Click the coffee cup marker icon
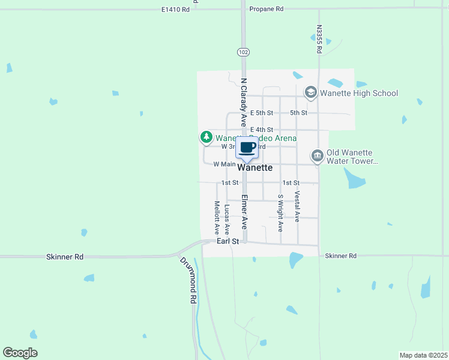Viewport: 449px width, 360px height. [247, 148]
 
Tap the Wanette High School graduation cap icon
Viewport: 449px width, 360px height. [310, 92]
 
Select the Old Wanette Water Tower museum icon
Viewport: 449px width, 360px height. [317, 157]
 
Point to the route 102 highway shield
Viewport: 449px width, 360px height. [243, 52]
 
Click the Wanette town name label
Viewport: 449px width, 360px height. [255, 168]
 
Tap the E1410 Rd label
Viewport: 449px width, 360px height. [176, 10]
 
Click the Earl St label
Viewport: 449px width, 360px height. [228, 241]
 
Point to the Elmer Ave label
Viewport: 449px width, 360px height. [244, 211]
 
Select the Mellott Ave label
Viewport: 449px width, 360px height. [217, 217]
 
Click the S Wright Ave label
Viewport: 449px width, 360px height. [280, 213]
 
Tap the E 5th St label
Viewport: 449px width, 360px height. [262, 113]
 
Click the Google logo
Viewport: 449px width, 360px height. [20, 353]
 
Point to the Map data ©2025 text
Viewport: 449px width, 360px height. [423, 355]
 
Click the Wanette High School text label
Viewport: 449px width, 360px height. [359, 93]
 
